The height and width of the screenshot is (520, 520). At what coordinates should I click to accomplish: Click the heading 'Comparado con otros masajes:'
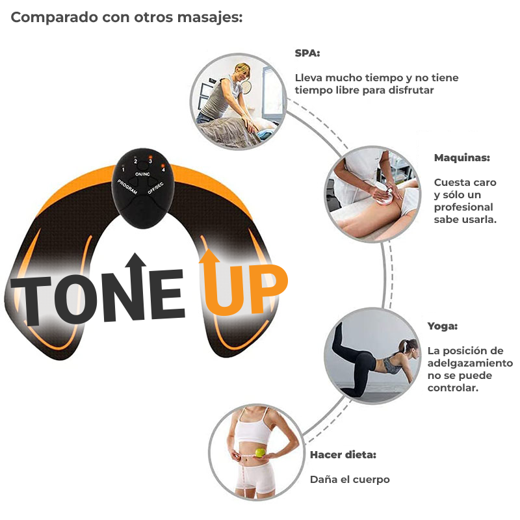click(x=127, y=18)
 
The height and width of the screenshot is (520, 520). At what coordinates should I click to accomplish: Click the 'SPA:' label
click(x=307, y=53)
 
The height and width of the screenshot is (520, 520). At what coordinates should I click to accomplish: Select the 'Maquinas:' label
click(x=462, y=158)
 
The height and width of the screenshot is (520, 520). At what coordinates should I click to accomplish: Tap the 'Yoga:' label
click(x=443, y=326)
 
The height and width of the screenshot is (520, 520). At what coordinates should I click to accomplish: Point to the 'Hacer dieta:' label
click(x=343, y=454)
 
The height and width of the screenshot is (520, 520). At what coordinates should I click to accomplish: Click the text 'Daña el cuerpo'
click(x=350, y=480)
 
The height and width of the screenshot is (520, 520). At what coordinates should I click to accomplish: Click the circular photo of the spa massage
click(x=238, y=102)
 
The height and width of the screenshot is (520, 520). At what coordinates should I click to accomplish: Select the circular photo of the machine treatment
click(x=372, y=194)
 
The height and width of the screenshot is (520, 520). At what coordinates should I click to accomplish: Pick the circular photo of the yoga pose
click(x=372, y=356)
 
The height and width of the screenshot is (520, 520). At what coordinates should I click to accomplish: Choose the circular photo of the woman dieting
click(x=257, y=452)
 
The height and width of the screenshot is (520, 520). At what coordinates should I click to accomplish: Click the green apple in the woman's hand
click(x=261, y=452)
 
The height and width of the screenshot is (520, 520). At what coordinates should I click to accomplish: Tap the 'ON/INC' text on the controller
click(x=142, y=174)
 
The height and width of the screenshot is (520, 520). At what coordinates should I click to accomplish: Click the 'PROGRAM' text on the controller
click(x=127, y=187)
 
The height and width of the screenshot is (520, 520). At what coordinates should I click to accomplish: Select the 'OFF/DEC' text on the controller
click(x=155, y=188)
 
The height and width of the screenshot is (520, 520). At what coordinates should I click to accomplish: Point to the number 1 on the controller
click(x=123, y=170)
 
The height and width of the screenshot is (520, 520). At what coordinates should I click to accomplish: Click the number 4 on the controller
click(x=163, y=170)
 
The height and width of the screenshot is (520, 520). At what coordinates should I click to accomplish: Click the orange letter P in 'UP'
click(x=268, y=289)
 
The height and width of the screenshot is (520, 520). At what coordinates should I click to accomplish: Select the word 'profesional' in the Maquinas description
click(x=463, y=207)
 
